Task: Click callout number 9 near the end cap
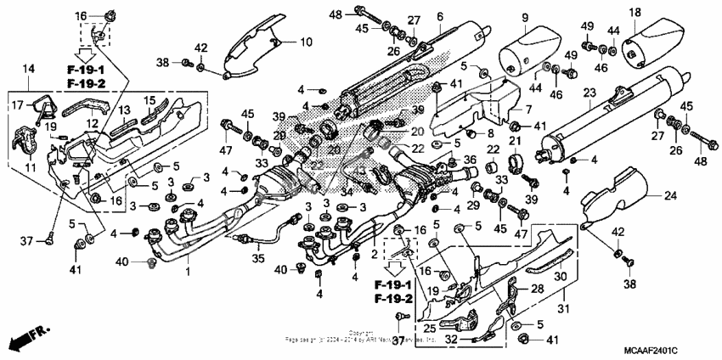pyautogui.click(x=524, y=18)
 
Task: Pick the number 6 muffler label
pyautogui.click(x=440, y=16)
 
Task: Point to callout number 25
pyautogui.click(x=429, y=327)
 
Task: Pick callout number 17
pyautogui.click(x=15, y=105)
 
